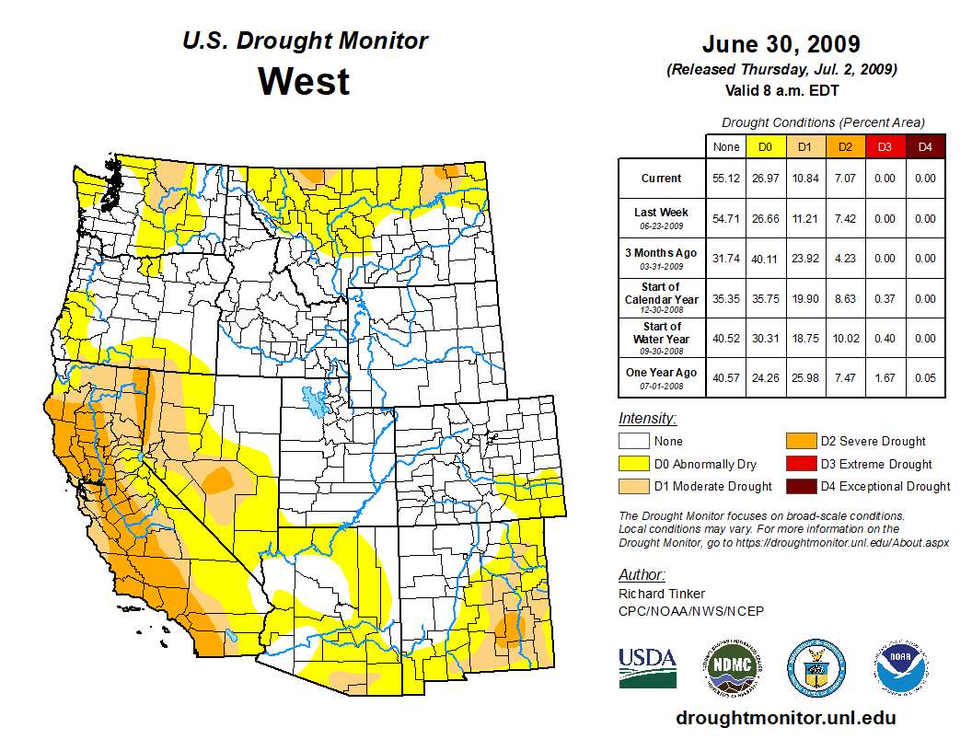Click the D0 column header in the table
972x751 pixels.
pos(765,146)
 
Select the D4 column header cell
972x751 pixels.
pos(925,146)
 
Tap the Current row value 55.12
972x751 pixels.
pos(726,179)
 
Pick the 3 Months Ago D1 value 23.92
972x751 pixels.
pos(805,259)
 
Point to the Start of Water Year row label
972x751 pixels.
pos(662,339)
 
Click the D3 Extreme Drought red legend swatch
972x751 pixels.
pos(799,464)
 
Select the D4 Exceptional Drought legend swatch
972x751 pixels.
pos(799,486)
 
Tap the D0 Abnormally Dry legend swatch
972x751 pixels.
pos(634,464)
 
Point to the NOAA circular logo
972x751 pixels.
pos(902,667)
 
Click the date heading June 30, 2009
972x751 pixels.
pos(781,44)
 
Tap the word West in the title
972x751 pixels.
pos(304,81)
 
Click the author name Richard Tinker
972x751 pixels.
pos(661,594)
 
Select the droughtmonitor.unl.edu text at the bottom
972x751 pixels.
pos(785,718)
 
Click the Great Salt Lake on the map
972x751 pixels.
pos(316,402)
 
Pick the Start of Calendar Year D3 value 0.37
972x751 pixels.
pos(885,299)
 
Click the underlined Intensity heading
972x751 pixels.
pos(647,418)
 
